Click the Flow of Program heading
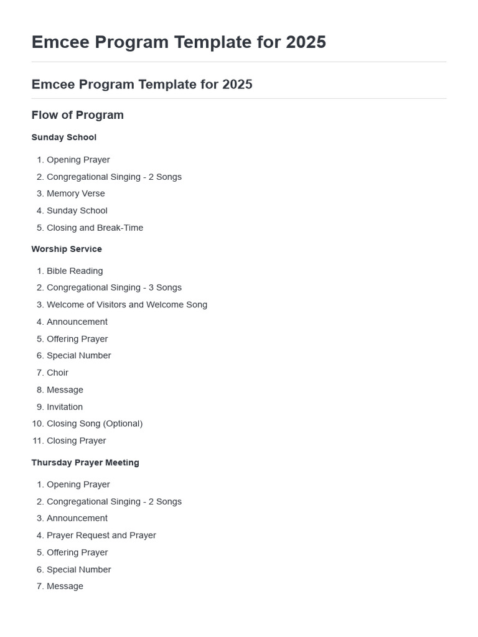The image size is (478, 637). click(77, 115)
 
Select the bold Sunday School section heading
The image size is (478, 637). click(63, 137)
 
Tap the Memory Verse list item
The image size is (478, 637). click(75, 193)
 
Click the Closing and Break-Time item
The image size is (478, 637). click(95, 228)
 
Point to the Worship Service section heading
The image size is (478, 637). click(67, 249)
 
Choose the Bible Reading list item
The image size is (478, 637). click(75, 271)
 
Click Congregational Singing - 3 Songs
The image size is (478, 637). click(114, 287)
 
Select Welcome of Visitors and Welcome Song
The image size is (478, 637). click(127, 305)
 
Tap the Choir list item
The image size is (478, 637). click(57, 373)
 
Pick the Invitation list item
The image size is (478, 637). click(65, 407)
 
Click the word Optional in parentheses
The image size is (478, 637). click(123, 424)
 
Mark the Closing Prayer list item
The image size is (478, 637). click(76, 440)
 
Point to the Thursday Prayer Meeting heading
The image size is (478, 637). click(85, 462)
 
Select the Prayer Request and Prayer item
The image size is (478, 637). click(101, 535)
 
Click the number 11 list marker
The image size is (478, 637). click(37, 440)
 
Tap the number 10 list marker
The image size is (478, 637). click(37, 424)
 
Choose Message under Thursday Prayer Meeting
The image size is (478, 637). click(65, 586)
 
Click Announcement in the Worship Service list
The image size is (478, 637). click(77, 322)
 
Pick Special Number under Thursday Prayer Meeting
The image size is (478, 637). click(78, 569)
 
